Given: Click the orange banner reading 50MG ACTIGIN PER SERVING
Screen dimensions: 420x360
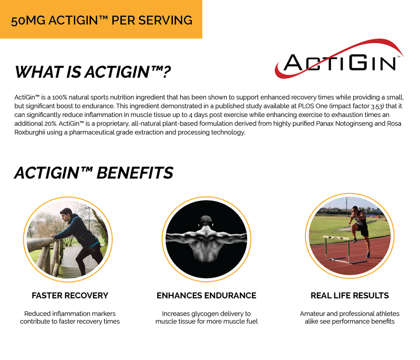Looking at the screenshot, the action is pos(101,19).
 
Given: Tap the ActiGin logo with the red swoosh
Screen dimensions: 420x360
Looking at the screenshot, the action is pos(339,59).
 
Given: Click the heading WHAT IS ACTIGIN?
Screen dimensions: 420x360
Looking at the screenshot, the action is pos(93,72).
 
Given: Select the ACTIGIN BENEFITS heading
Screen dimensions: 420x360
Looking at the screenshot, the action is pos(94,173).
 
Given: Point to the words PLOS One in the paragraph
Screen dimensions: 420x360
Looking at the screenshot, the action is pos(313,106).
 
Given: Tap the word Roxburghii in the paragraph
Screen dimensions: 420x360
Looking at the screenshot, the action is pos(30,133).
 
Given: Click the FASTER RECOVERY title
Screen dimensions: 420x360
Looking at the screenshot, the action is pos(70,296).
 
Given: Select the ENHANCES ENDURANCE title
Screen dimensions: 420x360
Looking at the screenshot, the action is pos(207,296).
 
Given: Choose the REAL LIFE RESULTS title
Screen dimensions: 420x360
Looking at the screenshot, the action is pos(349,296).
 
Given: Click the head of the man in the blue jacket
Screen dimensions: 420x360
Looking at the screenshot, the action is pos(66,214).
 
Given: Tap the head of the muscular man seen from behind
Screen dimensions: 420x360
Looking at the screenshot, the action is pos(206,221).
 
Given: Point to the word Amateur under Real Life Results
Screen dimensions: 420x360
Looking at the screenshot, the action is pos(312,314).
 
